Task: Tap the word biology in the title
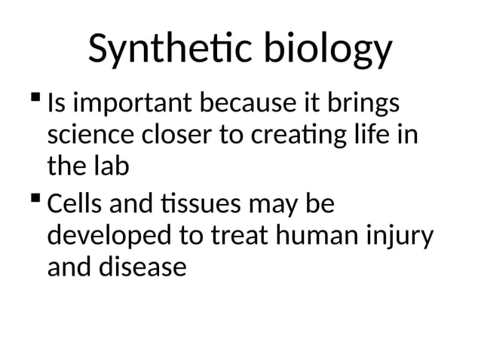tap(326, 50)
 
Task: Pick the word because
tap(253, 105)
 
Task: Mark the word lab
tap(112, 167)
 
